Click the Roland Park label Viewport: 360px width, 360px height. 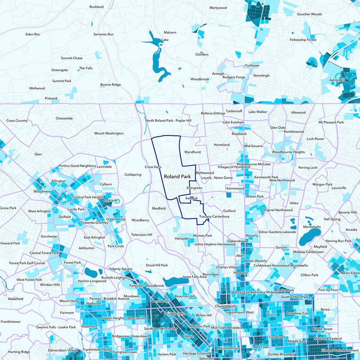[178, 177]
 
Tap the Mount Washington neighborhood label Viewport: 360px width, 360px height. [108, 133]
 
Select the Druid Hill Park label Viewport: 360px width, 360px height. [157, 265]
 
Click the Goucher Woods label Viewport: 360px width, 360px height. [309, 14]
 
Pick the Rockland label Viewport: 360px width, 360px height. [96, 7]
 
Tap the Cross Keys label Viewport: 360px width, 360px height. [153, 166]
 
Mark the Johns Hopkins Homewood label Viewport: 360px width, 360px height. [215, 244]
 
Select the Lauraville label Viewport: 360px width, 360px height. [340, 188]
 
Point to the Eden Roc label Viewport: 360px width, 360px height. [33, 34]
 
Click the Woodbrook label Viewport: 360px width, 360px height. [199, 79]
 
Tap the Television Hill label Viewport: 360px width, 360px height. [142, 235]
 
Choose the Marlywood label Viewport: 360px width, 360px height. [218, 8]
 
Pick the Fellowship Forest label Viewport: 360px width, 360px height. [303, 40]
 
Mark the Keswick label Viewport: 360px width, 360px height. [191, 198]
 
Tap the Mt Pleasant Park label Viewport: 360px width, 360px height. [331, 122]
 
